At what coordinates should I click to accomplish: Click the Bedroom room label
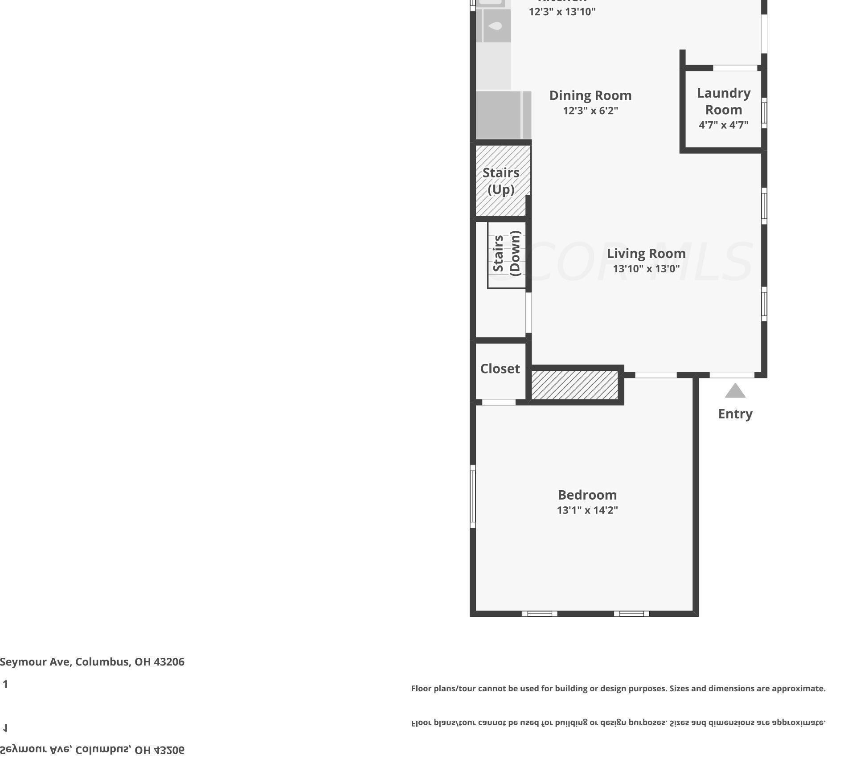[587, 495]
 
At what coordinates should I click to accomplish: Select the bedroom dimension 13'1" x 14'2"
[587, 510]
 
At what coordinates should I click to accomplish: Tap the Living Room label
[646, 253]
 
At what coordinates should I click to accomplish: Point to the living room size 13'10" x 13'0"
[646, 268]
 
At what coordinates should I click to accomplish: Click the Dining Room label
[590, 95]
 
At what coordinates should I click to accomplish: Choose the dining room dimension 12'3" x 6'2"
[590, 110]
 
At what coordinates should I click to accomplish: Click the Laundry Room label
[723, 101]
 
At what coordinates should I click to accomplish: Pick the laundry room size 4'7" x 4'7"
[723, 125]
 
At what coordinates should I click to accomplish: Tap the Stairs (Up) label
[501, 181]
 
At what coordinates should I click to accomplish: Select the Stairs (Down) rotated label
[507, 253]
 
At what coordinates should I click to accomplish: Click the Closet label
[500, 369]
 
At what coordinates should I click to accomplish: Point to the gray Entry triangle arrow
[735, 391]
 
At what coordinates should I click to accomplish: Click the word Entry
[735, 414]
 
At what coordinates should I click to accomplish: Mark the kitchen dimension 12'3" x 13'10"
[562, 12]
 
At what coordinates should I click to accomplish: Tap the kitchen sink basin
[496, 26]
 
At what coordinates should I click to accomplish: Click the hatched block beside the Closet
[574, 385]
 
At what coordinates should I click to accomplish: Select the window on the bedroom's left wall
[473, 496]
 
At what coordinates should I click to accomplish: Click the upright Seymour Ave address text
[92, 661]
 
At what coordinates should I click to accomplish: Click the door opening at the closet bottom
[499, 402]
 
